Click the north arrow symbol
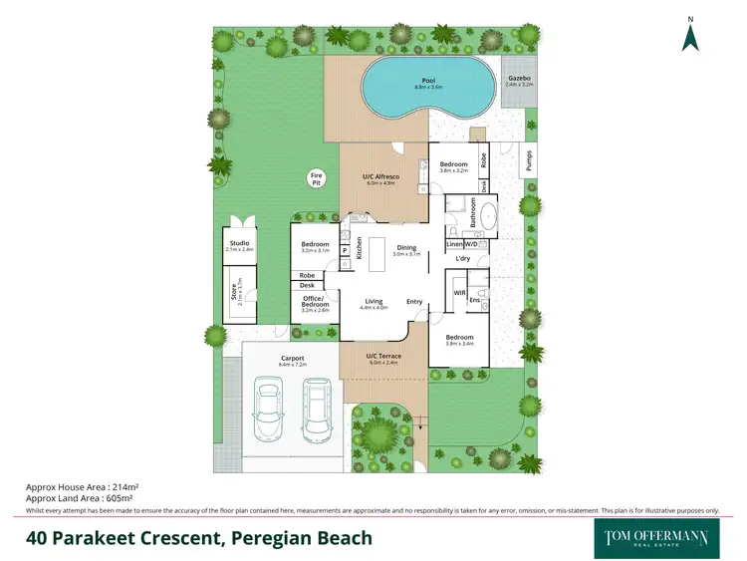(689, 36)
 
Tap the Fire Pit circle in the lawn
(316, 178)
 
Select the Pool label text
(428, 81)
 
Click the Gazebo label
(519, 78)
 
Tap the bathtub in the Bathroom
(488, 216)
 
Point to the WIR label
(459, 293)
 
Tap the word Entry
(413, 301)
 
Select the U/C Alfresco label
(380, 176)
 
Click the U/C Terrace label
(382, 356)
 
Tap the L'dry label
(462, 259)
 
